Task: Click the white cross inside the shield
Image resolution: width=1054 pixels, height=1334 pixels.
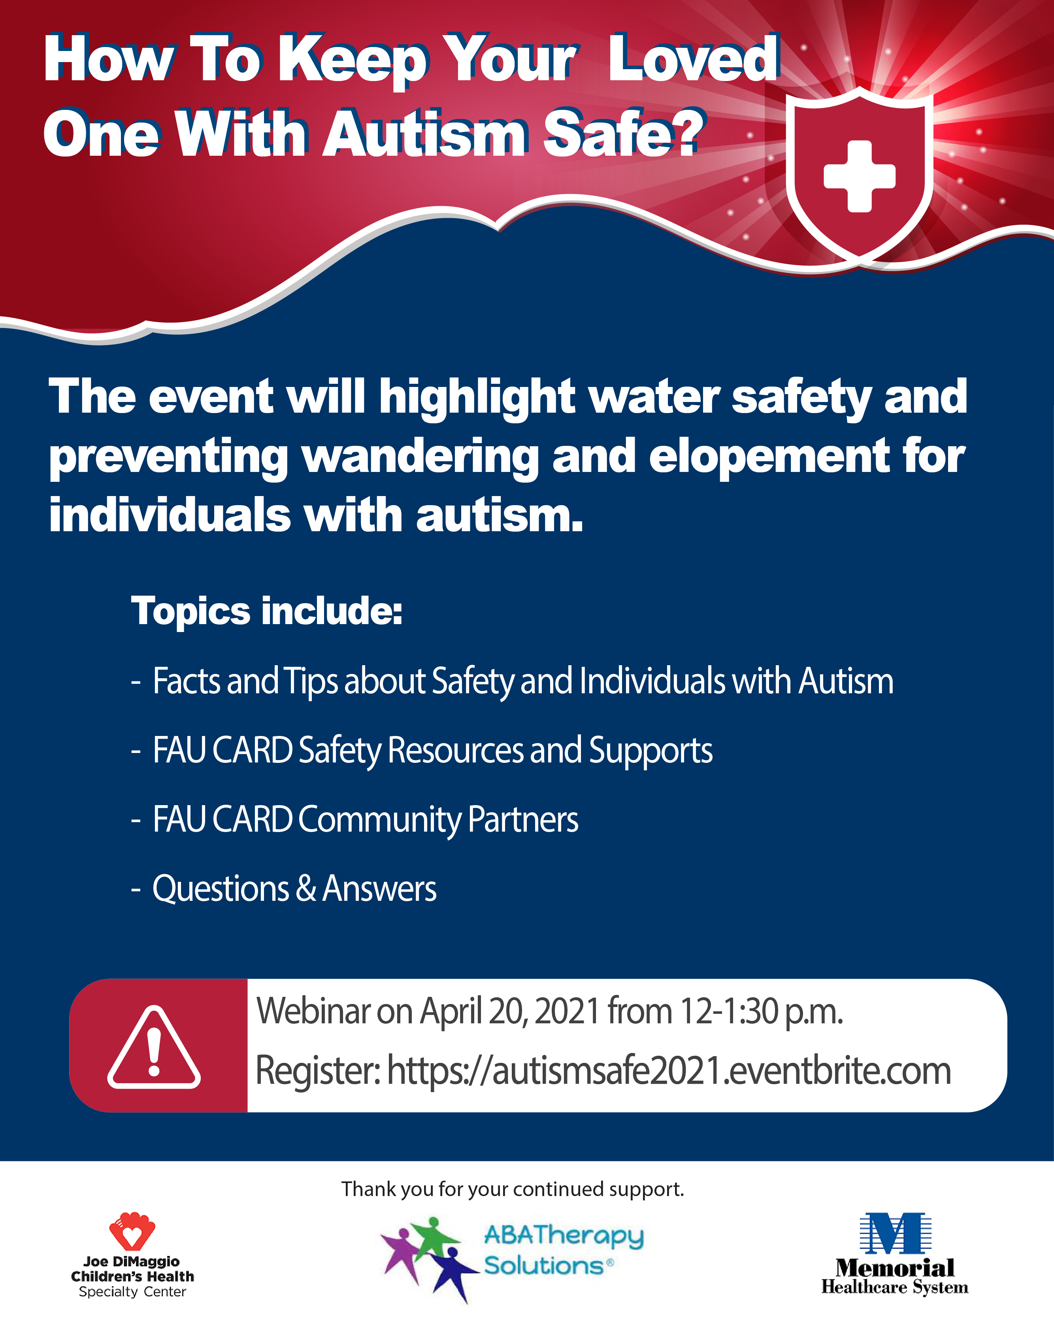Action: [x=859, y=176]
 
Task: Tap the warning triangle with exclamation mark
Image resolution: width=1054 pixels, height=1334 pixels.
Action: [x=154, y=1047]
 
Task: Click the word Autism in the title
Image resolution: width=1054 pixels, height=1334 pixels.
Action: [x=425, y=133]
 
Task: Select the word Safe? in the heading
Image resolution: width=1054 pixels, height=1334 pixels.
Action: [x=623, y=133]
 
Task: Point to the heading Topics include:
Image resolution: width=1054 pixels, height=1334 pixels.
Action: [x=267, y=611]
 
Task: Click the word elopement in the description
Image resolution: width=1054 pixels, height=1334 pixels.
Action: [x=769, y=456]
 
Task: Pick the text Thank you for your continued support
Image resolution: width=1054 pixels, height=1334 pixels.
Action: [x=513, y=1189]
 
